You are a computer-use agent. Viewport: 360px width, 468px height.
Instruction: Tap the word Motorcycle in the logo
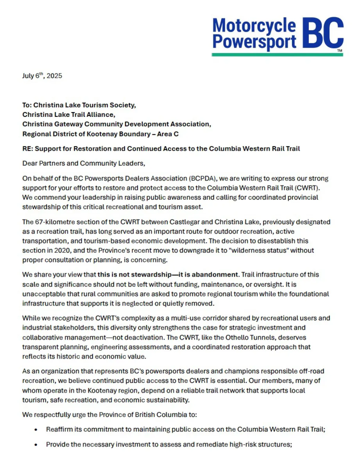(x=254, y=26)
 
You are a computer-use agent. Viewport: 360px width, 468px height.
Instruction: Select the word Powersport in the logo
(x=254, y=42)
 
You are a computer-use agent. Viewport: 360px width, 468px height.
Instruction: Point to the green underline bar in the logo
(x=277, y=54)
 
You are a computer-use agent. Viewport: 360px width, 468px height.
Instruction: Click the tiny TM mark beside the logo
(x=339, y=51)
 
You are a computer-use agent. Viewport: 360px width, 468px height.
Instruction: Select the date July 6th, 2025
(x=42, y=76)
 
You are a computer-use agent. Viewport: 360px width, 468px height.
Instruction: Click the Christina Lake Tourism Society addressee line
(x=79, y=105)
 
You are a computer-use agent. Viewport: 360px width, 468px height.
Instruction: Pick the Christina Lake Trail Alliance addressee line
(x=69, y=114)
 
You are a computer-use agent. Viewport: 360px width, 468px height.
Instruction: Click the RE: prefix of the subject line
(x=28, y=148)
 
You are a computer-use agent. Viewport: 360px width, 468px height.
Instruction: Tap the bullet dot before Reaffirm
(x=36, y=429)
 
